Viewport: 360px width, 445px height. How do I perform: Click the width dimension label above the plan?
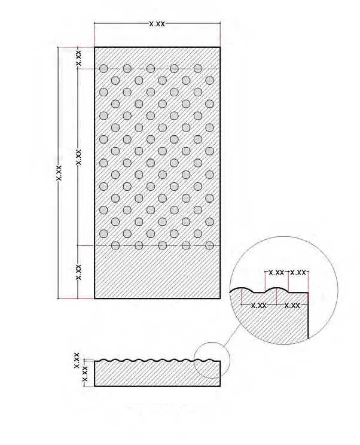(x=157, y=24)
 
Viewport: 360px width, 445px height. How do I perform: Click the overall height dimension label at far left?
(x=59, y=173)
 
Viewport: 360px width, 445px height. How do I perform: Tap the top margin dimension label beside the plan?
(x=79, y=58)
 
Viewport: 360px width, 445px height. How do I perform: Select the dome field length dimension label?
(x=79, y=157)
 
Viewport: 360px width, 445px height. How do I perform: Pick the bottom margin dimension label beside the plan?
(x=79, y=272)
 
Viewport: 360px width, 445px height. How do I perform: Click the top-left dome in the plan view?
(x=103, y=68)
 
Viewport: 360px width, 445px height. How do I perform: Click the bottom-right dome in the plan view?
(x=209, y=245)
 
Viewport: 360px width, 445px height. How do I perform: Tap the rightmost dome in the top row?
(x=198, y=68)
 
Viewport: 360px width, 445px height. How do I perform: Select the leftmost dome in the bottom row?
(x=115, y=245)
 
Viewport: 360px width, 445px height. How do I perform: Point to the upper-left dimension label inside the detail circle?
(x=276, y=273)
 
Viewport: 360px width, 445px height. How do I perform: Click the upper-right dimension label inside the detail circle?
(x=298, y=273)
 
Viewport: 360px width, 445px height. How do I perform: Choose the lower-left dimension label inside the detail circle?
(x=259, y=306)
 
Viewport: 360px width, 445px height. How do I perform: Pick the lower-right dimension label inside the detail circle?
(x=292, y=306)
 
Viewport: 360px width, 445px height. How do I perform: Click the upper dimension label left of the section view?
(x=77, y=361)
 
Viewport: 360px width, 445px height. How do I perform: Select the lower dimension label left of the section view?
(x=84, y=374)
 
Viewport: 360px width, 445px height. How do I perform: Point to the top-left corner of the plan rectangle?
(x=94, y=47)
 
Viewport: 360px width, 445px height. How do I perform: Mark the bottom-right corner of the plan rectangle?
(x=220, y=298)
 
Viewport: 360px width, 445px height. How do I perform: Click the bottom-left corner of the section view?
(x=94, y=386)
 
